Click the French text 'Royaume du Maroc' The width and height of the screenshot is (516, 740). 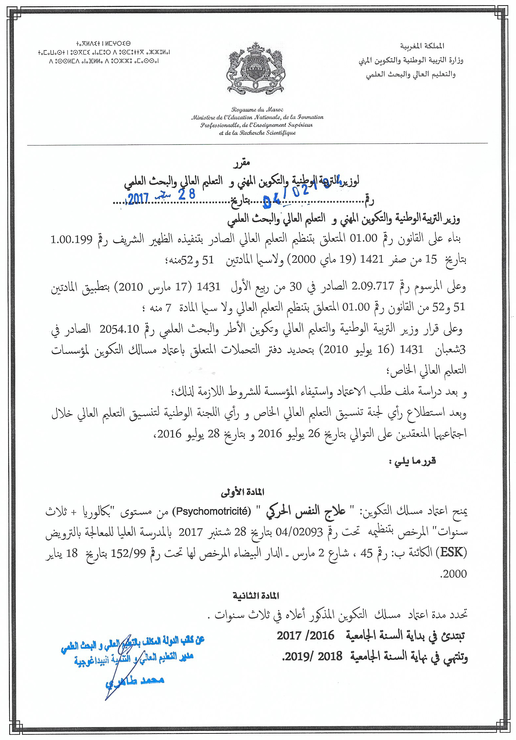pyautogui.click(x=257, y=110)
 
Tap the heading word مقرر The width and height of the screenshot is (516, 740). pyautogui.click(x=242, y=163)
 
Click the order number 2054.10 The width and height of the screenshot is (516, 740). pyautogui.click(x=120, y=329)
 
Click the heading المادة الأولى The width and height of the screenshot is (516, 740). pyautogui.click(x=242, y=492)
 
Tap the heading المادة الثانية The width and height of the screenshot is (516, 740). pyautogui.click(x=256, y=595)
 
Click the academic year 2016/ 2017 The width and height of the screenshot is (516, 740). pyautogui.click(x=305, y=635)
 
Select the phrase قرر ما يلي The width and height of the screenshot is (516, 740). pyautogui.click(x=412, y=461)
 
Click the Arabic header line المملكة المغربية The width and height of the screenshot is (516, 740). pyautogui.click(x=422, y=46)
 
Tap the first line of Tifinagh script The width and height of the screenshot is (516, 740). pyautogui.click(x=103, y=43)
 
